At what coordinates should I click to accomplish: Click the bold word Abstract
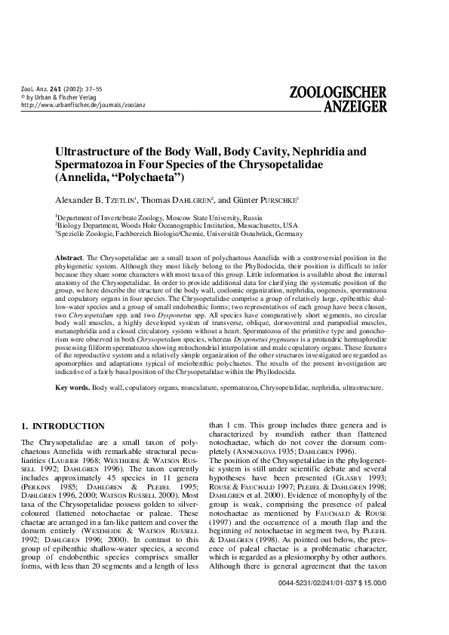[70, 258]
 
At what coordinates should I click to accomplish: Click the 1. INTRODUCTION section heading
[63, 426]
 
